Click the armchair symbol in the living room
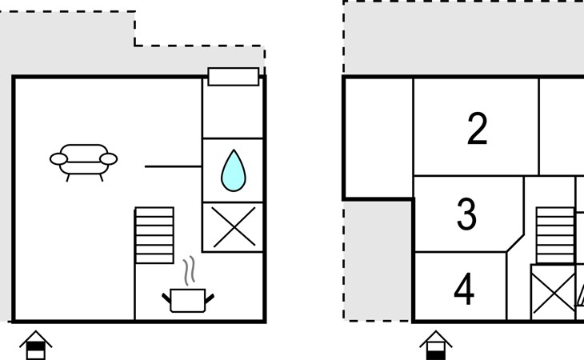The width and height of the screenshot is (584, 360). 84,160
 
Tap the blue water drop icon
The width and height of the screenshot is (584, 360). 233,170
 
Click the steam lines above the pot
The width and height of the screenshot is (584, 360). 190,272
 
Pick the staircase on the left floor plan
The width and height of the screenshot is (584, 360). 154,234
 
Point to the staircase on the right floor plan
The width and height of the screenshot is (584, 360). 555,235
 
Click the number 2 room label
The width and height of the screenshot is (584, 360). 477,130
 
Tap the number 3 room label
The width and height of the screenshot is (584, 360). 466,214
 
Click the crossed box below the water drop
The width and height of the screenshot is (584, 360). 233,227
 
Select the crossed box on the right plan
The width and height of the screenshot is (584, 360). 553,292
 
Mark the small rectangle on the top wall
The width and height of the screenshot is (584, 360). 234,77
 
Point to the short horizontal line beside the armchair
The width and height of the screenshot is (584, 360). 173,166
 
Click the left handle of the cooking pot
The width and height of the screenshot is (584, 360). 167,298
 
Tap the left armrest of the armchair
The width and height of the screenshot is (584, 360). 58,159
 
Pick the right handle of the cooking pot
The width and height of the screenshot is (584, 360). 210,298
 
